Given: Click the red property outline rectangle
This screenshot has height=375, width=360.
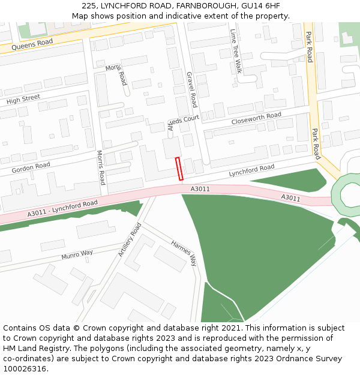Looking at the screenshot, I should click(179, 169).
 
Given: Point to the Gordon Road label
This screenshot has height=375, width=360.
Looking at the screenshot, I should click(31, 168).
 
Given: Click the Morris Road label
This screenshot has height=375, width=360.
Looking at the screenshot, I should click(101, 167).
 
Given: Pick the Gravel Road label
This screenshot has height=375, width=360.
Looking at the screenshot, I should click(192, 89).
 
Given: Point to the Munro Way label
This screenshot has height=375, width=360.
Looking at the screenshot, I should click(77, 255).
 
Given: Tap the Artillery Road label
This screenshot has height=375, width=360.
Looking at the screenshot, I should click(130, 239).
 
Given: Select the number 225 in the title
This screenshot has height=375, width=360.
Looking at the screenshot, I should click(89, 5).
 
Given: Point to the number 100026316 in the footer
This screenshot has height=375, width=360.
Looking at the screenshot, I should click(26, 368).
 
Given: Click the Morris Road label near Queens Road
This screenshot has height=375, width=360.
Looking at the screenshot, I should click(117, 75).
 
